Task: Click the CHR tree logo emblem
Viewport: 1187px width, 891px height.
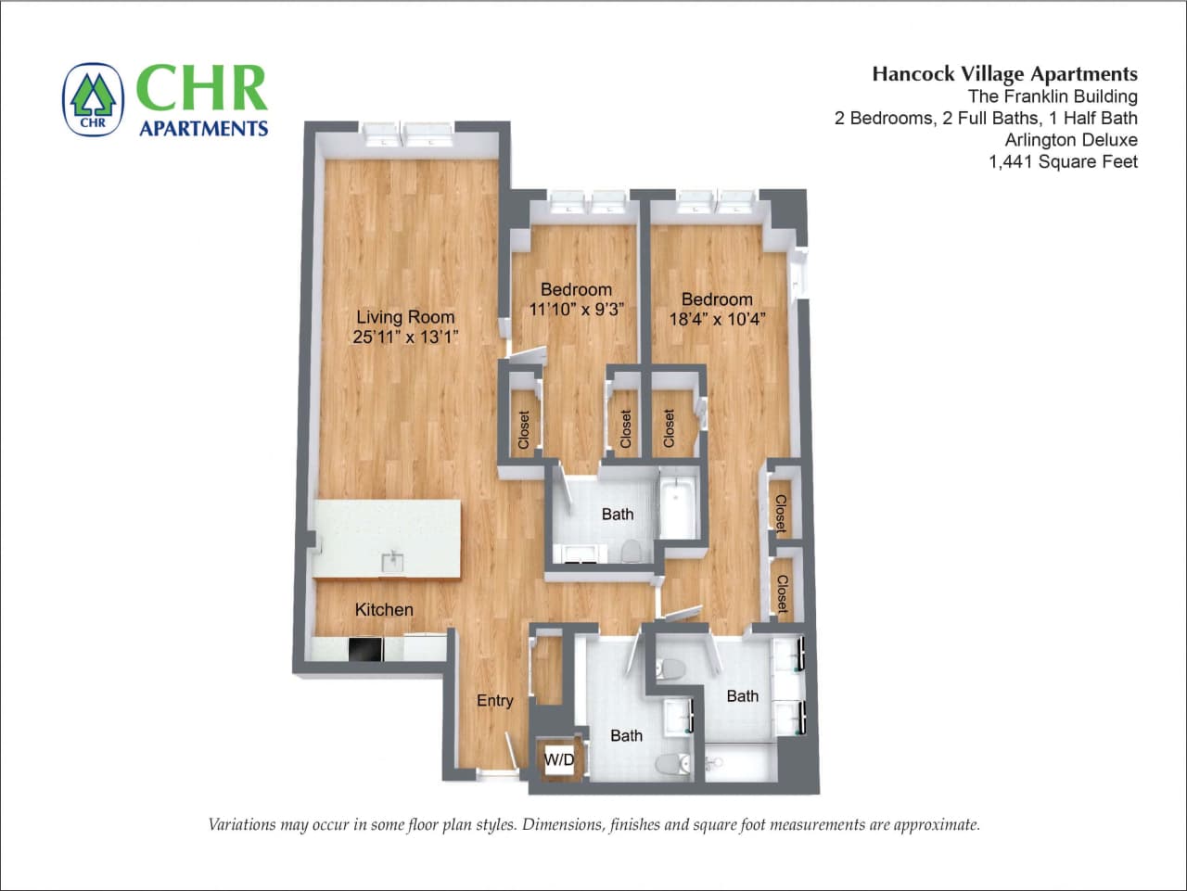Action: pos(93,99)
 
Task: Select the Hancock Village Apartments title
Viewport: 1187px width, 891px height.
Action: pos(1004,74)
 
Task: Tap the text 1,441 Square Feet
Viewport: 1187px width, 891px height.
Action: pos(1063,162)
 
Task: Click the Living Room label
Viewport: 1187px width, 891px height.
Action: pos(405,316)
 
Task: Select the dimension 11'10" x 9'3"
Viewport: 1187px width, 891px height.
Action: pos(575,310)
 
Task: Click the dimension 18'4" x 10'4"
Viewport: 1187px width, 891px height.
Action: pos(717,320)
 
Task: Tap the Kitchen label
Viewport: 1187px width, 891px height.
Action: pos(384,609)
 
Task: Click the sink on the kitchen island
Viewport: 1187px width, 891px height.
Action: pos(393,562)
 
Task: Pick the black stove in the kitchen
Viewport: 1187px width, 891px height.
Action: pos(365,649)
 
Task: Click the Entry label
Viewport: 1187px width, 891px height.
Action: pos(494,700)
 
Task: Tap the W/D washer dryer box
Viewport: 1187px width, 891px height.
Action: pos(559,760)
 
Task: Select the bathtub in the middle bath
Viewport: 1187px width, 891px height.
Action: pos(679,508)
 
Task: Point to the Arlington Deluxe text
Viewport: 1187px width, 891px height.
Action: pos(1070,140)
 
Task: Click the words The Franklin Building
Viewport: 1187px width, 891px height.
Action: pos(1053,96)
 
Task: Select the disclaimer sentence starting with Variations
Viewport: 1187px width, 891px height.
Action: pos(593,824)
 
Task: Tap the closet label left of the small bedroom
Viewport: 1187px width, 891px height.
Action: pos(524,430)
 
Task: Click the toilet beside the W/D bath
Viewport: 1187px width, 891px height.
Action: pos(670,763)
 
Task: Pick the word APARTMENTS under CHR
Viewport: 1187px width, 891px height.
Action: pos(203,129)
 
